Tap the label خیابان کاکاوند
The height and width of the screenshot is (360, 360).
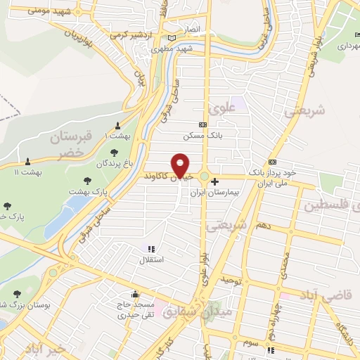pyautogui.click(x=169, y=176)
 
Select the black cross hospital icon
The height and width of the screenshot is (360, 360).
pyautogui.click(x=214, y=181)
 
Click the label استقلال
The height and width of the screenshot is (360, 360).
pyautogui.click(x=153, y=260)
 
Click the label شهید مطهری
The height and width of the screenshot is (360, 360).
pyautogui.click(x=174, y=49)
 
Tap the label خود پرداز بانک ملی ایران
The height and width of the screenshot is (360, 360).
pyautogui.click(x=272, y=177)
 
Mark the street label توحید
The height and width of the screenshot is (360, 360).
pyautogui.click(x=233, y=281)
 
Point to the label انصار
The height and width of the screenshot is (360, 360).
pyautogui.click(x=193, y=32)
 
